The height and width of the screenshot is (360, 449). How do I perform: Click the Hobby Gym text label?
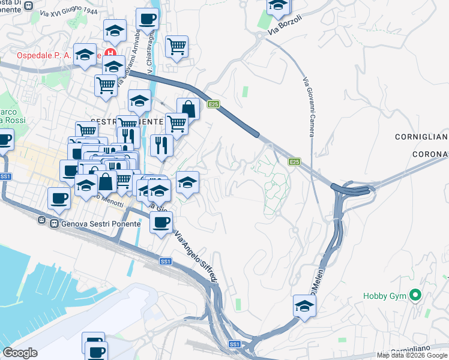(384, 296)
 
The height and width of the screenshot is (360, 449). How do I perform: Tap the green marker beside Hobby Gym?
(415, 295)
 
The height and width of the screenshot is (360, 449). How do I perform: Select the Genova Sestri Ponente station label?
(95, 224)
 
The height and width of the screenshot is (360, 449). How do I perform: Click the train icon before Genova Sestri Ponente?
(42, 220)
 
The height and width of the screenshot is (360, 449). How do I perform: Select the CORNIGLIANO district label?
(421, 137)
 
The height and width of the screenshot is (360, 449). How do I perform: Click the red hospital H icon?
(109, 53)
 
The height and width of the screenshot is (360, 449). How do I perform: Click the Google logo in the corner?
(20, 353)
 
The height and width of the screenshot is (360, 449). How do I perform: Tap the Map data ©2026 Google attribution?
(412, 355)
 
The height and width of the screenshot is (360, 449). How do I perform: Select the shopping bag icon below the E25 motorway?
(188, 109)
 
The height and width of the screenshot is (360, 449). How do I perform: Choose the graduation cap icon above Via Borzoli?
(277, 6)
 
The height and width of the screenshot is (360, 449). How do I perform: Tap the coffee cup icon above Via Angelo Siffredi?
(160, 222)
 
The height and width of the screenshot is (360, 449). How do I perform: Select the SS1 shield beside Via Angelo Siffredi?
(166, 262)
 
